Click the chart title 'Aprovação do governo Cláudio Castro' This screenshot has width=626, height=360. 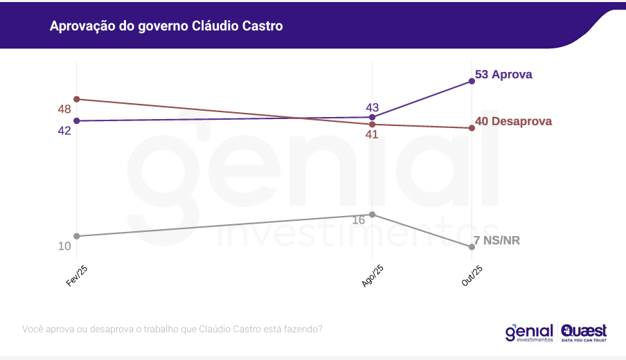point(166,26)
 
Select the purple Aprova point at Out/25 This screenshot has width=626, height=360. point(472,81)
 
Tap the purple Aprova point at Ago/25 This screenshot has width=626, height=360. point(373,117)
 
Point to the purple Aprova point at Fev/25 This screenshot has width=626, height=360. point(77,120)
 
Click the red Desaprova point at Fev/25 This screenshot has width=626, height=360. point(77,99)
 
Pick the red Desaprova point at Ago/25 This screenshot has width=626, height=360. point(373,125)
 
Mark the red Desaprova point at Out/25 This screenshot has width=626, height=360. point(472,128)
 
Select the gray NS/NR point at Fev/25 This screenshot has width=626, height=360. point(77,236)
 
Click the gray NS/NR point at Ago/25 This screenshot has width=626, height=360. point(373,214)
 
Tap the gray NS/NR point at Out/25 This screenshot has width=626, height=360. point(472,247)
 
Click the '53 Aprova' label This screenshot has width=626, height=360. point(503,74)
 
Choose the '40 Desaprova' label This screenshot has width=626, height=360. point(513,120)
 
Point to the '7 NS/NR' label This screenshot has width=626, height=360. point(497,240)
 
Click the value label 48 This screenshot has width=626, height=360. point(64,109)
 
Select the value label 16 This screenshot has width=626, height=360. point(358,220)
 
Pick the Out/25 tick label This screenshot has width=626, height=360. point(472,276)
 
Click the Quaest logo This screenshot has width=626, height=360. point(584,332)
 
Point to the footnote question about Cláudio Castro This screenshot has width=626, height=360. point(172,329)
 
